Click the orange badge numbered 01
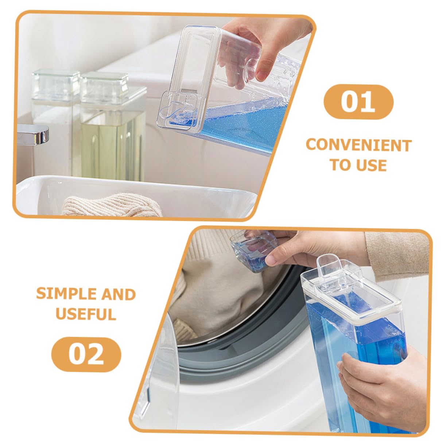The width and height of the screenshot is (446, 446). (358, 102)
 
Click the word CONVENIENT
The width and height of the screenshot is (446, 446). (358, 146)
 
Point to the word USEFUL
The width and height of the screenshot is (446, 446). (86, 314)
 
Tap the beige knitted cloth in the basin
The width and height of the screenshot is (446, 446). (111, 205)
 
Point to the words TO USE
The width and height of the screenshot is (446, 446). (358, 165)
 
